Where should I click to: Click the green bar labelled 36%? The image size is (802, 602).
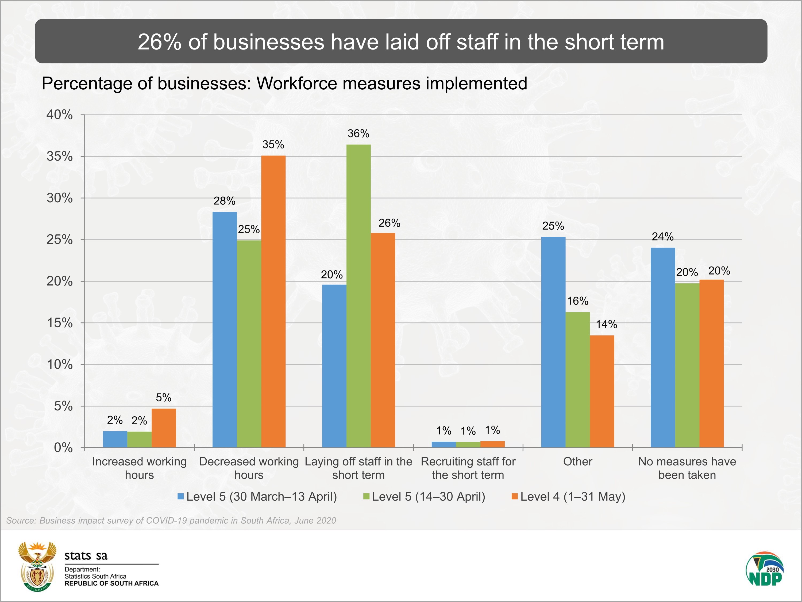pos(358,296)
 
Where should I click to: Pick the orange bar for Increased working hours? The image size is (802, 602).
pos(164,428)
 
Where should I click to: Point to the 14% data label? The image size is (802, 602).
pos(606,324)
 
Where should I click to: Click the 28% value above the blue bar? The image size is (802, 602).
pos(225,201)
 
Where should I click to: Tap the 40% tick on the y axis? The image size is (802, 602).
pos(59,115)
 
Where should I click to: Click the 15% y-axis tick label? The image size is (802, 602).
pos(59,323)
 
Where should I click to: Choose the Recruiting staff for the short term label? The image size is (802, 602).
pos(468,468)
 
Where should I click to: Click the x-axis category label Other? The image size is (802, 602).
pos(577,462)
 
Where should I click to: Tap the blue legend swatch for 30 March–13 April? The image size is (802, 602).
pos(180,496)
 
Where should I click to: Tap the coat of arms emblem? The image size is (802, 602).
pos(37,566)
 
